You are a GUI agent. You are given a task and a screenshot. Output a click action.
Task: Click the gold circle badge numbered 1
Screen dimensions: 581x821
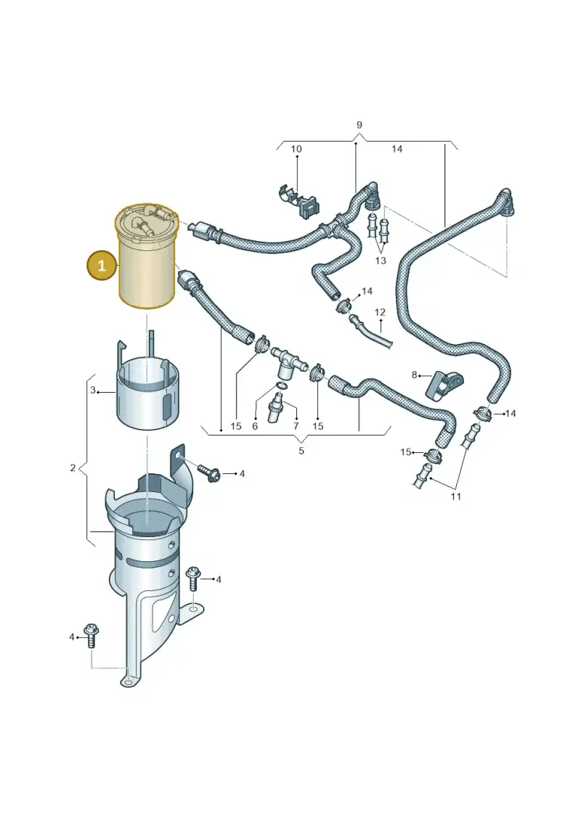[102, 265]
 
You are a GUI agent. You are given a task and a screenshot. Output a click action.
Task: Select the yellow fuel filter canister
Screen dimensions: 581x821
[147, 256]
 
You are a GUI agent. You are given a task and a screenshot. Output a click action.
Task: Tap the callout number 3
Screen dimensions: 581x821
[93, 390]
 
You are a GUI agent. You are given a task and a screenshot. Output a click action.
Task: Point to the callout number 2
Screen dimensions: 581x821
[73, 467]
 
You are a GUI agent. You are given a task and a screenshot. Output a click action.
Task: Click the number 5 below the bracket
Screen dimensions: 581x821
[301, 450]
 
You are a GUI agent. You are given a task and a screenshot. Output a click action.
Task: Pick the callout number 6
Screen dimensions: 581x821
[255, 426]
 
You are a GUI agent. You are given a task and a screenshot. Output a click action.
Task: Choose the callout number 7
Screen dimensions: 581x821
[296, 426]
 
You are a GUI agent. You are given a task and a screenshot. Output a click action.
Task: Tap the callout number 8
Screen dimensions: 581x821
[415, 375]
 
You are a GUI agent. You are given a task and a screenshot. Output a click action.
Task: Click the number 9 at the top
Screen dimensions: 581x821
[359, 125]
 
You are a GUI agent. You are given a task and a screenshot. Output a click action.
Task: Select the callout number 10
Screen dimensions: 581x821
[296, 149]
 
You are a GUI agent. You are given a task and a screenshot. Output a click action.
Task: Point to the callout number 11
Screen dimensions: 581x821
[456, 496]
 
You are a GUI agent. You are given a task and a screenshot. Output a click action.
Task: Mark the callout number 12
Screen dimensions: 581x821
[380, 312]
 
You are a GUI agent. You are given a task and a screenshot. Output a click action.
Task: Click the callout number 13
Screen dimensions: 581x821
[381, 260]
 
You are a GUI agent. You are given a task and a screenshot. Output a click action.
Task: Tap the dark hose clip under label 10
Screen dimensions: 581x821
[299, 200]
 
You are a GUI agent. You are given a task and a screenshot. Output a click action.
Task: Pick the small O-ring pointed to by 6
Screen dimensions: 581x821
[282, 386]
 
